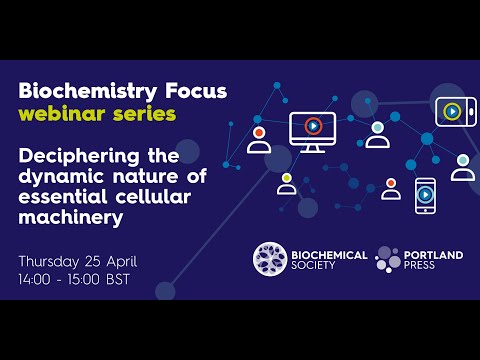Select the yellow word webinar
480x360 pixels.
tap(63, 114)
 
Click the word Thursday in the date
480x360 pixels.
tap(53, 261)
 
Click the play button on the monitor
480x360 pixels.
tap(312, 126)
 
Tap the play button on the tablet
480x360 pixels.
tap(452, 111)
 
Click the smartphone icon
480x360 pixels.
tap(425, 194)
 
